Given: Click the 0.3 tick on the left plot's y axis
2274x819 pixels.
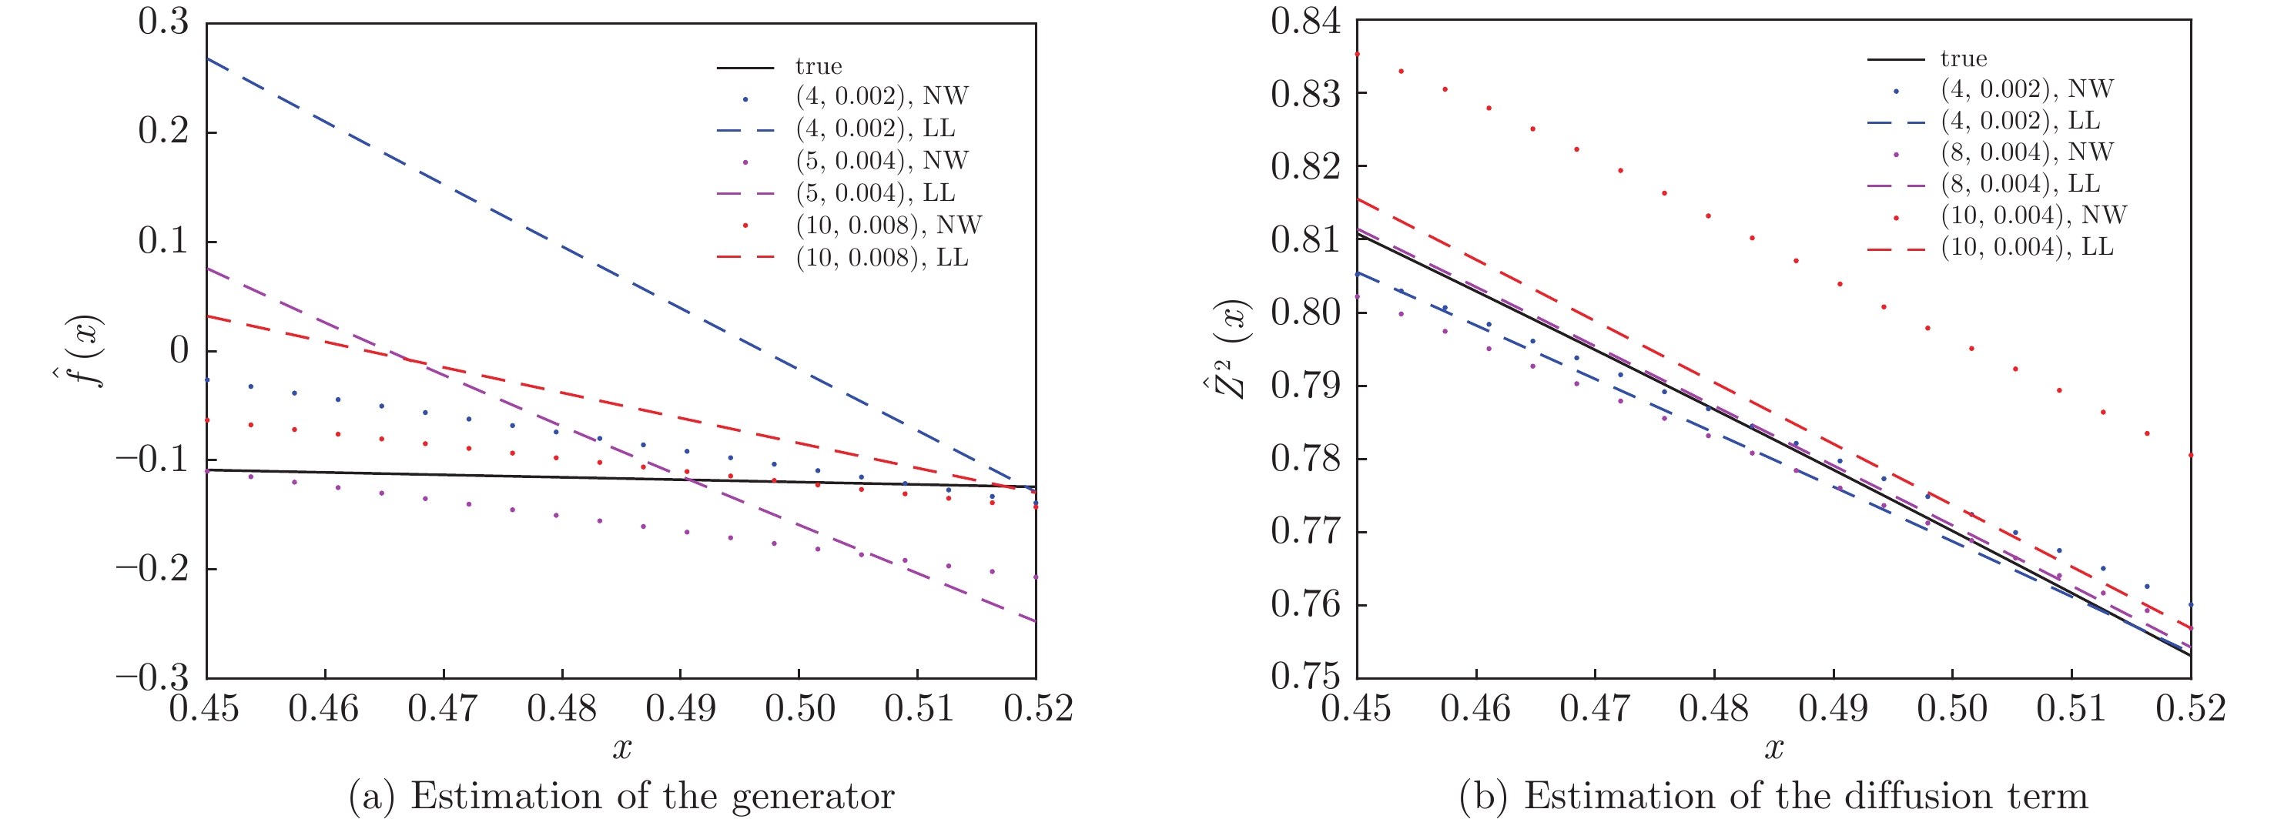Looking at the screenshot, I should point(163,23).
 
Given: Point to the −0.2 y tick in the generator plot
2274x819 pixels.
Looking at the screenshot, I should point(152,568).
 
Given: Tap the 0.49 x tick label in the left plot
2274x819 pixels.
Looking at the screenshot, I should point(681,709).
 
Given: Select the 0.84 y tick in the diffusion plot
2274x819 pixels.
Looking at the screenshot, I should point(1304,22).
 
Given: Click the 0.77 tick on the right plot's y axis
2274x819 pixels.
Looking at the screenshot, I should point(1304,532).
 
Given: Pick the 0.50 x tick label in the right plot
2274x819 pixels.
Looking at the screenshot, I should point(1952,709).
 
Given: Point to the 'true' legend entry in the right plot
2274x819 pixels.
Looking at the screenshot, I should point(1963,59).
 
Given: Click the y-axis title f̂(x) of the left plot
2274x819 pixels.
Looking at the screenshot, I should point(86,350).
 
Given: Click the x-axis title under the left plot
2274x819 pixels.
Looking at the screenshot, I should point(621,748).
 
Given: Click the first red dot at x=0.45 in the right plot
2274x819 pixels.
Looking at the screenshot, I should point(1358,54).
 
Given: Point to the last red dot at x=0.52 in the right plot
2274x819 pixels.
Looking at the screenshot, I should point(2190,456).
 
